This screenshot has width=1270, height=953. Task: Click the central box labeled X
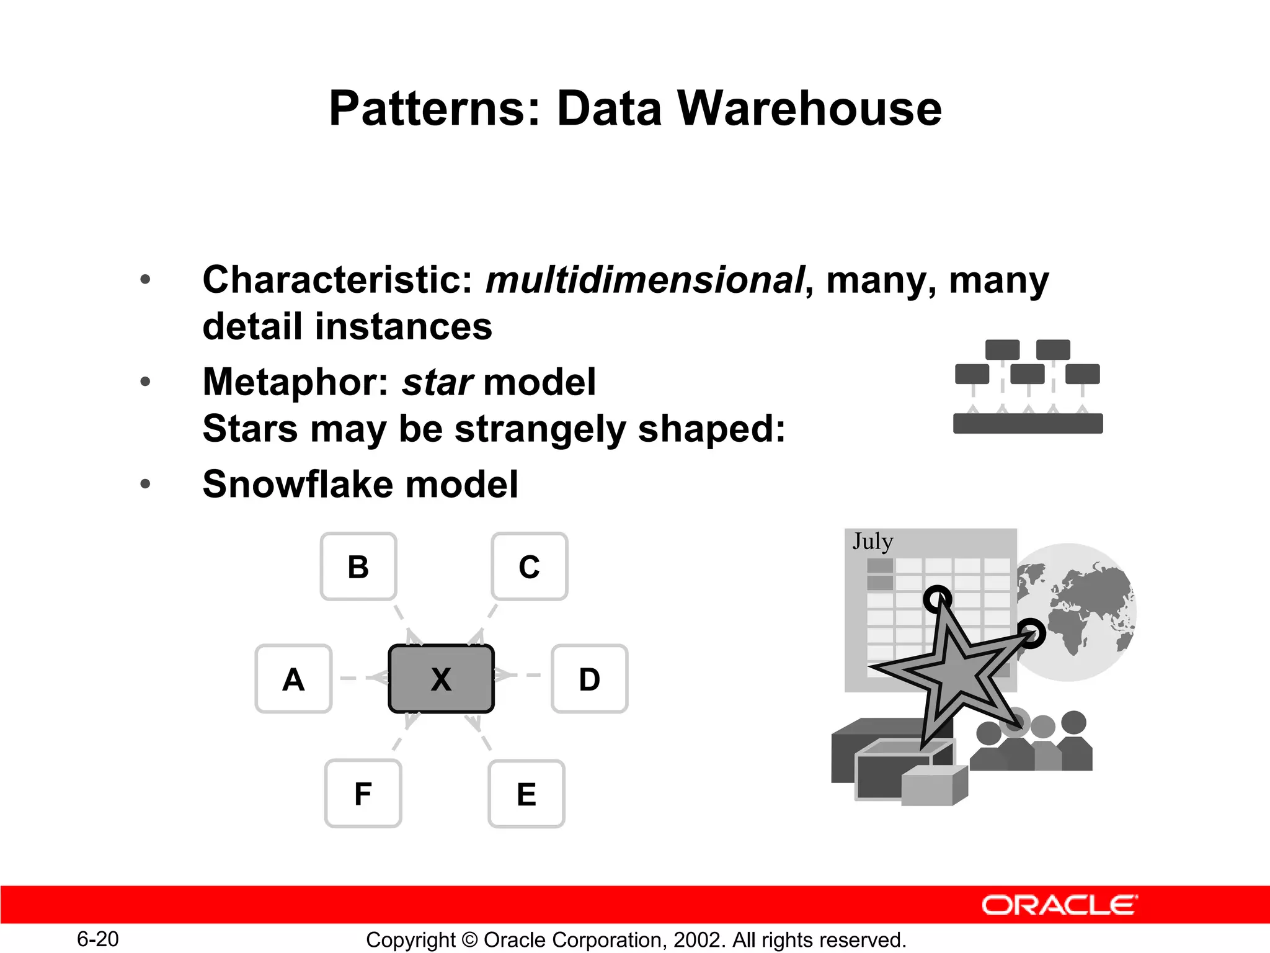[441, 679]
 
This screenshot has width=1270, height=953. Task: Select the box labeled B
[358, 566]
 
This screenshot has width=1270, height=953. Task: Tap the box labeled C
[529, 566]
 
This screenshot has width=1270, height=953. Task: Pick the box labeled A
[293, 679]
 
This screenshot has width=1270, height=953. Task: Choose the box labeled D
[589, 679]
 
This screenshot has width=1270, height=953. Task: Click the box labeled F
[363, 794]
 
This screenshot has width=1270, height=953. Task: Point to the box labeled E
[526, 794]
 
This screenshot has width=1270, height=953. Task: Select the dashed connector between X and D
[522, 675]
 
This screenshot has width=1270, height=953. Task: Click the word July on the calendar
[873, 541]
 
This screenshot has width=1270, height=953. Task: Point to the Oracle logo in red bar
[1059, 905]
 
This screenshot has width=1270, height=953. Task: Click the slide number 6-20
[97, 939]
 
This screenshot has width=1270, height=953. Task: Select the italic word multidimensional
[644, 280]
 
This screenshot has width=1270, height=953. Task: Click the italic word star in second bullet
[437, 382]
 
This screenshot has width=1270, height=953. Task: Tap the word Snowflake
[298, 484]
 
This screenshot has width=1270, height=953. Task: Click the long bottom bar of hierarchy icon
[1028, 423]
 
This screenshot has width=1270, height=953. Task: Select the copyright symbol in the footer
[469, 940]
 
